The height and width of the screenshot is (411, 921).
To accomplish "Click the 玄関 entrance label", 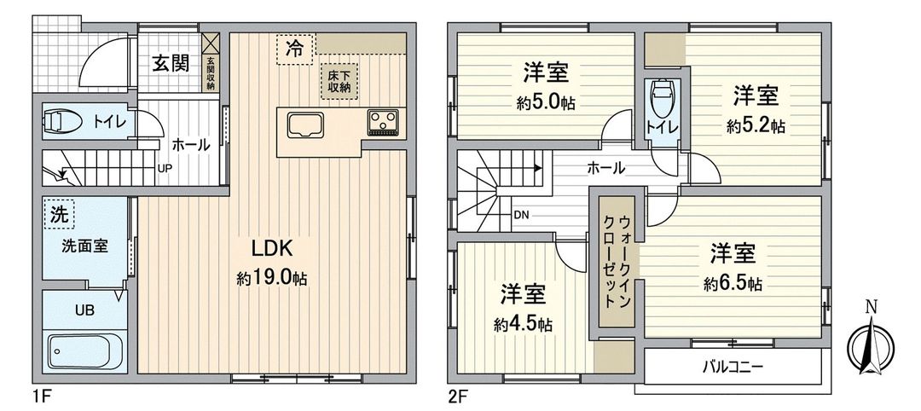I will point(171,63).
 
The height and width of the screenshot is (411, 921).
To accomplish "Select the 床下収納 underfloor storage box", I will point(339,82).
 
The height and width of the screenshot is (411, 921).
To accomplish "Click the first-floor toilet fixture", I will point(65,122).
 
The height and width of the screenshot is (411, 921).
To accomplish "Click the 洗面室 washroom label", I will point(84,246).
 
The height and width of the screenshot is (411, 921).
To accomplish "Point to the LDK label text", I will point(271,249).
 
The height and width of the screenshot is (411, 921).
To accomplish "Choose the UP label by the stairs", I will point(164,168).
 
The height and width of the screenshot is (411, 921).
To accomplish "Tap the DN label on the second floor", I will point(521,215).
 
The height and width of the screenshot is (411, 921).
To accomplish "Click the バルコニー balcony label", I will point(733,368).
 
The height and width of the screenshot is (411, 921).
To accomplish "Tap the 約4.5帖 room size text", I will point(522,325).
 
